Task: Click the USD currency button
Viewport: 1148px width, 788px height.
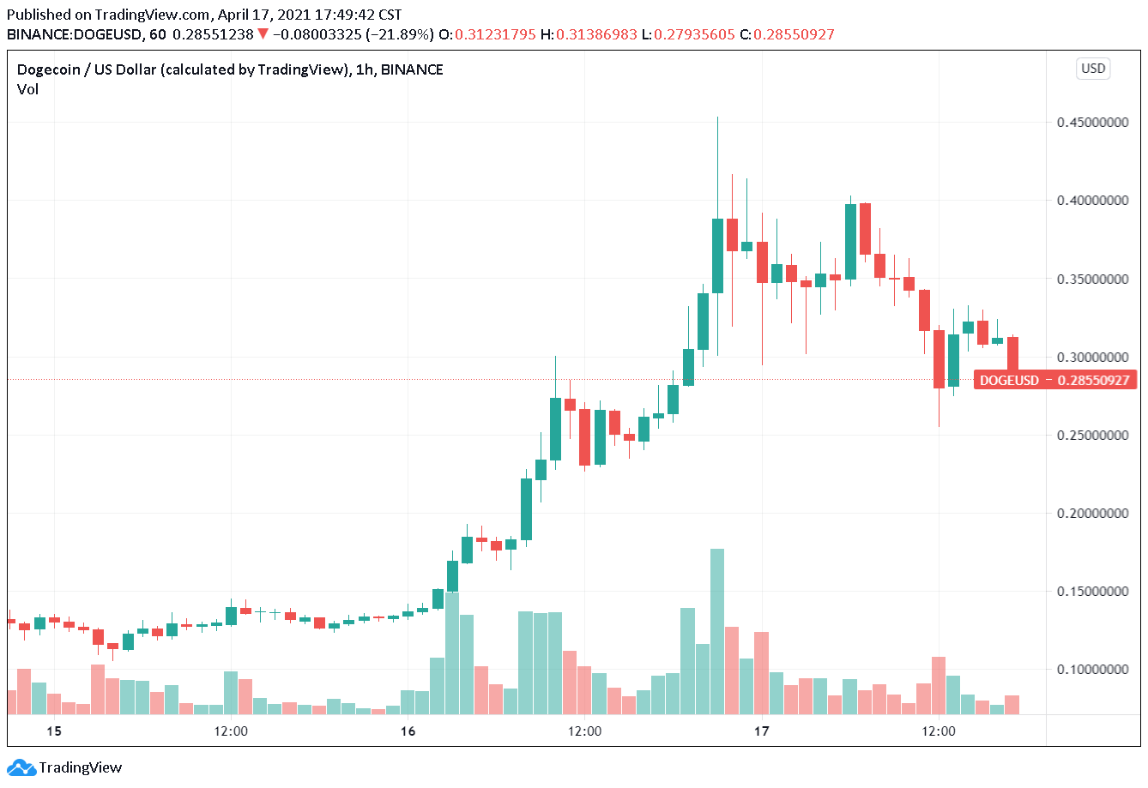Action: click(x=1093, y=69)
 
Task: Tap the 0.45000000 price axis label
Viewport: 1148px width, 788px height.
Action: click(x=1092, y=123)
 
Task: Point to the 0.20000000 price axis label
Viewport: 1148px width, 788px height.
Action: click(x=1092, y=514)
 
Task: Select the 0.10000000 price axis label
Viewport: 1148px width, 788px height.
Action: click(x=1092, y=670)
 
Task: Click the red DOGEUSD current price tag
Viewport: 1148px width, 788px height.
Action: click(x=1055, y=380)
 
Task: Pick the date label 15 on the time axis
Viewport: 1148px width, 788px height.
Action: click(x=54, y=731)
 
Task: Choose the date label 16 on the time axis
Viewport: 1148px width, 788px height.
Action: click(x=408, y=731)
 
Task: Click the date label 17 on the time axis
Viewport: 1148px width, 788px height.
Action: click(x=761, y=731)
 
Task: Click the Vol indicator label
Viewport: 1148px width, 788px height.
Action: click(x=27, y=89)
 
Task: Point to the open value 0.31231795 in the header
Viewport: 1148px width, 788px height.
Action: click(x=495, y=34)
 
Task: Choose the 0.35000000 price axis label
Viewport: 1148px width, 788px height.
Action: click(x=1092, y=280)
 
